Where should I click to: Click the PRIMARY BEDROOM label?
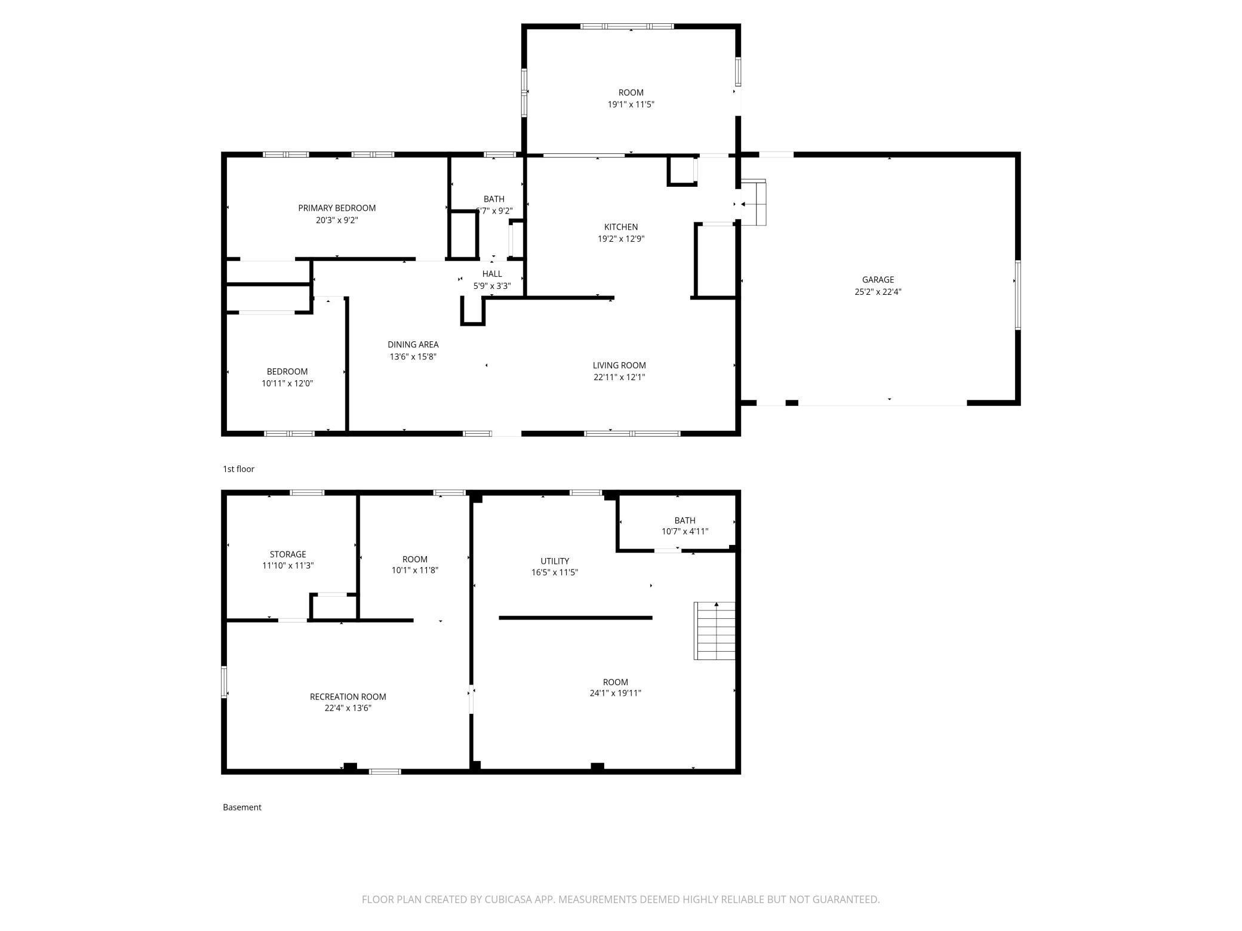coord(337,208)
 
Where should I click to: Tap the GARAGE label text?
coord(878,280)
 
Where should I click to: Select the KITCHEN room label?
coord(621,227)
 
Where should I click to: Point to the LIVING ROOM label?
coord(619,365)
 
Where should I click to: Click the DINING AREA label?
coord(413,344)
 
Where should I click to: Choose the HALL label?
coord(492,274)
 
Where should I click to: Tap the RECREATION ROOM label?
coord(348,696)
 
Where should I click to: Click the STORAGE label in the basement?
coord(288,554)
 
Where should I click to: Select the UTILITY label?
coord(555,561)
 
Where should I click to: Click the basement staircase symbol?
coord(714,631)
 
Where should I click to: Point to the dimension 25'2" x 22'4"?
coord(878,292)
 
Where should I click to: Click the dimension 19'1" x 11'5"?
coord(631,104)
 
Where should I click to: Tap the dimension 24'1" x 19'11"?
coord(615,693)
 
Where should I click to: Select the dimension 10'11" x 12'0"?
coord(287,383)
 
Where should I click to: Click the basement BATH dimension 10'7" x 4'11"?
coord(685,531)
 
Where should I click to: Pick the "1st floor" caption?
coord(239,469)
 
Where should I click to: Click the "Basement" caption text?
coord(242,807)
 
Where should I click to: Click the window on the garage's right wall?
coord(1018,295)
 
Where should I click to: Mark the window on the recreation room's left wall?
coord(224,682)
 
